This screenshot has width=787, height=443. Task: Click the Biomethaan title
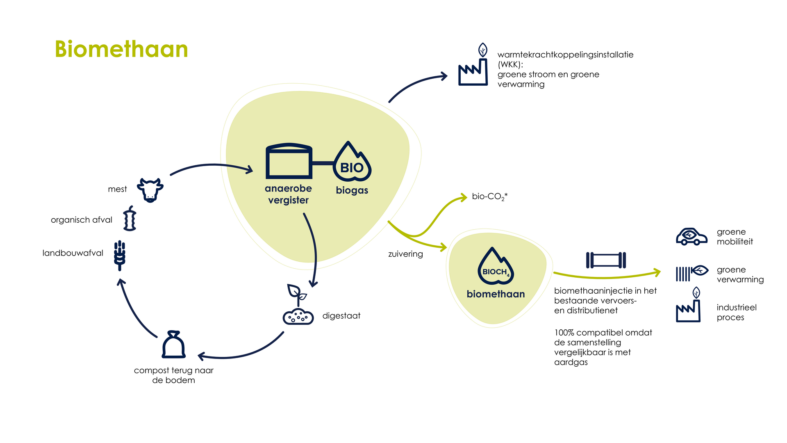(121, 49)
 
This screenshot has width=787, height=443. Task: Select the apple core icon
(130, 219)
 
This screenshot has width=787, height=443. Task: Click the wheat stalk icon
(120, 255)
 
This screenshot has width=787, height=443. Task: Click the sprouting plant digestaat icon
(298, 306)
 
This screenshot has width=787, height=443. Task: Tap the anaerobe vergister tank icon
(289, 161)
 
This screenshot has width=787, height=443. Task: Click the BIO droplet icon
(352, 162)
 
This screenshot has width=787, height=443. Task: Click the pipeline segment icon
(606, 260)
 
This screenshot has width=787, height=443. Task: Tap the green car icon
(691, 237)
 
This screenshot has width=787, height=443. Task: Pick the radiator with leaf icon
(691, 272)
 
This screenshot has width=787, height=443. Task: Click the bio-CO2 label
(489, 196)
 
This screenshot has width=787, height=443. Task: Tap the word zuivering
(405, 254)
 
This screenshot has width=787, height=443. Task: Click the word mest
(117, 189)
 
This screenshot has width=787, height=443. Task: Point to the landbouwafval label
(73, 253)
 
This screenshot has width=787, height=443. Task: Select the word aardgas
(571, 362)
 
